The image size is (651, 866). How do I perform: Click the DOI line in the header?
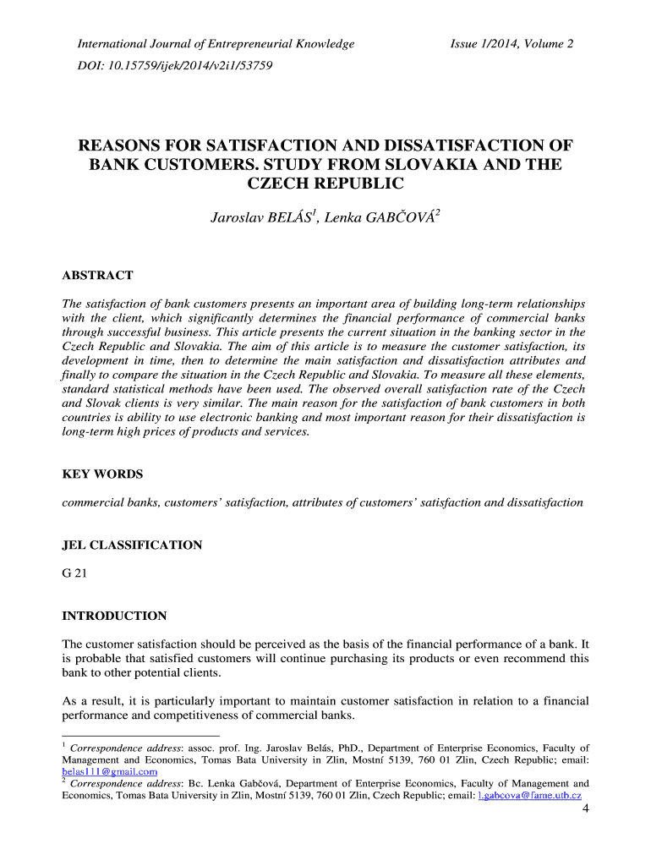[x=175, y=65]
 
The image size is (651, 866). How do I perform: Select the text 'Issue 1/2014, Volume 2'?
[x=511, y=43]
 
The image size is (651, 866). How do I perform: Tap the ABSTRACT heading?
[x=98, y=276]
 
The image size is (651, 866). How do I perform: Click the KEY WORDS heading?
[x=102, y=474]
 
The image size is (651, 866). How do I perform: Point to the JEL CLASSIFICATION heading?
[x=133, y=545]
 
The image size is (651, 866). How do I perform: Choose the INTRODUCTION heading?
[x=115, y=616]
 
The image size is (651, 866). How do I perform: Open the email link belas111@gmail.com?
[x=110, y=771]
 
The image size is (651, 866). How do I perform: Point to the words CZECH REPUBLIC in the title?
[x=325, y=184]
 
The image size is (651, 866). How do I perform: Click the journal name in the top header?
[x=216, y=43]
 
